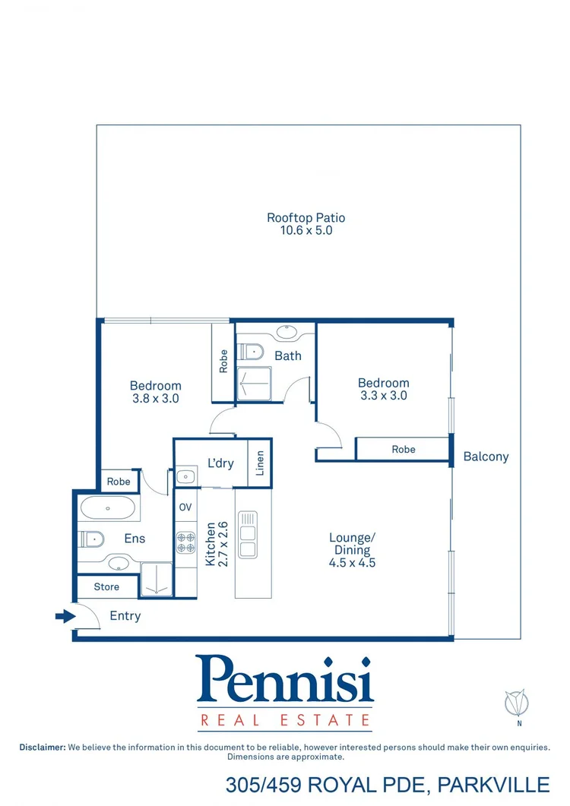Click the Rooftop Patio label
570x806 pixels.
[x=306, y=218]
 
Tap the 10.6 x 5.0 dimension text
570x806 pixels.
[x=306, y=229]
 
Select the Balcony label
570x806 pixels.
[x=486, y=457]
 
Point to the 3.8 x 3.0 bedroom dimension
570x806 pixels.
[x=155, y=397]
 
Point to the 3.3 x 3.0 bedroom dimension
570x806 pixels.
[x=383, y=395]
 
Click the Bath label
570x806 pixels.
[x=288, y=356]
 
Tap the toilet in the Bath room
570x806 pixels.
[x=251, y=351]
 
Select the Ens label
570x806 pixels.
[x=135, y=539]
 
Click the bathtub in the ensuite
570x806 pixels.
[x=107, y=507]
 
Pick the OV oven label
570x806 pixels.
[x=185, y=507]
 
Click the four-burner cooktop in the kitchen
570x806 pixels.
[x=186, y=542]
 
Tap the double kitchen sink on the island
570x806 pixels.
[x=248, y=534]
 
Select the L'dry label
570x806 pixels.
[x=220, y=463]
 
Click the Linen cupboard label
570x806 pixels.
[x=260, y=463]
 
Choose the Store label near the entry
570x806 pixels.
[x=106, y=587]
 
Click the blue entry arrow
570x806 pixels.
[x=65, y=616]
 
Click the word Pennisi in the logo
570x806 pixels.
[x=285, y=680]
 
